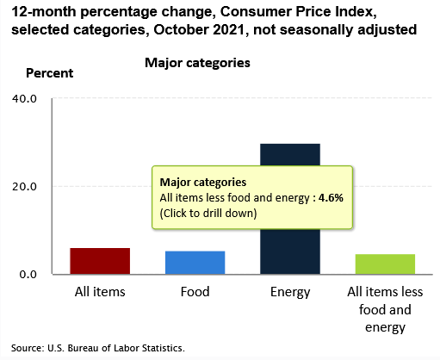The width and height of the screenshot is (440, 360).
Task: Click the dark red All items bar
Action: point(100,261)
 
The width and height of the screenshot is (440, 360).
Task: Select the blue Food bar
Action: point(195,263)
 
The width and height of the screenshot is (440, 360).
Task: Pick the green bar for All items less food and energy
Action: point(385,264)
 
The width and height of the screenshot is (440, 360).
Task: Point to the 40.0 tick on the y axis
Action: point(24,99)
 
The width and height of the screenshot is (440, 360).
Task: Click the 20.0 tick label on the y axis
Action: point(24,187)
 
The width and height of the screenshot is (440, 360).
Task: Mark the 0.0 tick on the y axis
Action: point(28,275)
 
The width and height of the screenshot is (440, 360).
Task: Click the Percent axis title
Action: point(50,73)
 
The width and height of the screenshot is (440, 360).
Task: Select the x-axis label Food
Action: point(195,292)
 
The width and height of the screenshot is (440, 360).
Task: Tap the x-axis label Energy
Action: point(290,293)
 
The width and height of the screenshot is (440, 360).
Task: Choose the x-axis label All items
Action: point(100,292)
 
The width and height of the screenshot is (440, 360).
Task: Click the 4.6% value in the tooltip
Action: point(331,198)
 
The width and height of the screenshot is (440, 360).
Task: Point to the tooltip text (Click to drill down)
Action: point(208,214)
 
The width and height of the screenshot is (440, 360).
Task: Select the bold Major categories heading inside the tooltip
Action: point(203,183)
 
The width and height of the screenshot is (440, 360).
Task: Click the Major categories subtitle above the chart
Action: point(197,63)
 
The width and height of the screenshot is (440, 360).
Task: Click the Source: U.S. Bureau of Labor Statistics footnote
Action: point(98,348)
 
